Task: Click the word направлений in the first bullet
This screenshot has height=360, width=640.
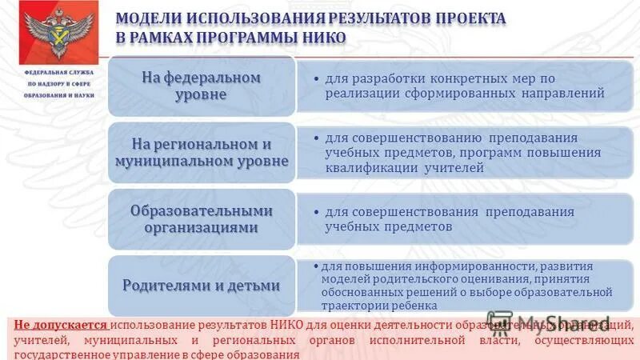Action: click(x=564, y=94)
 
